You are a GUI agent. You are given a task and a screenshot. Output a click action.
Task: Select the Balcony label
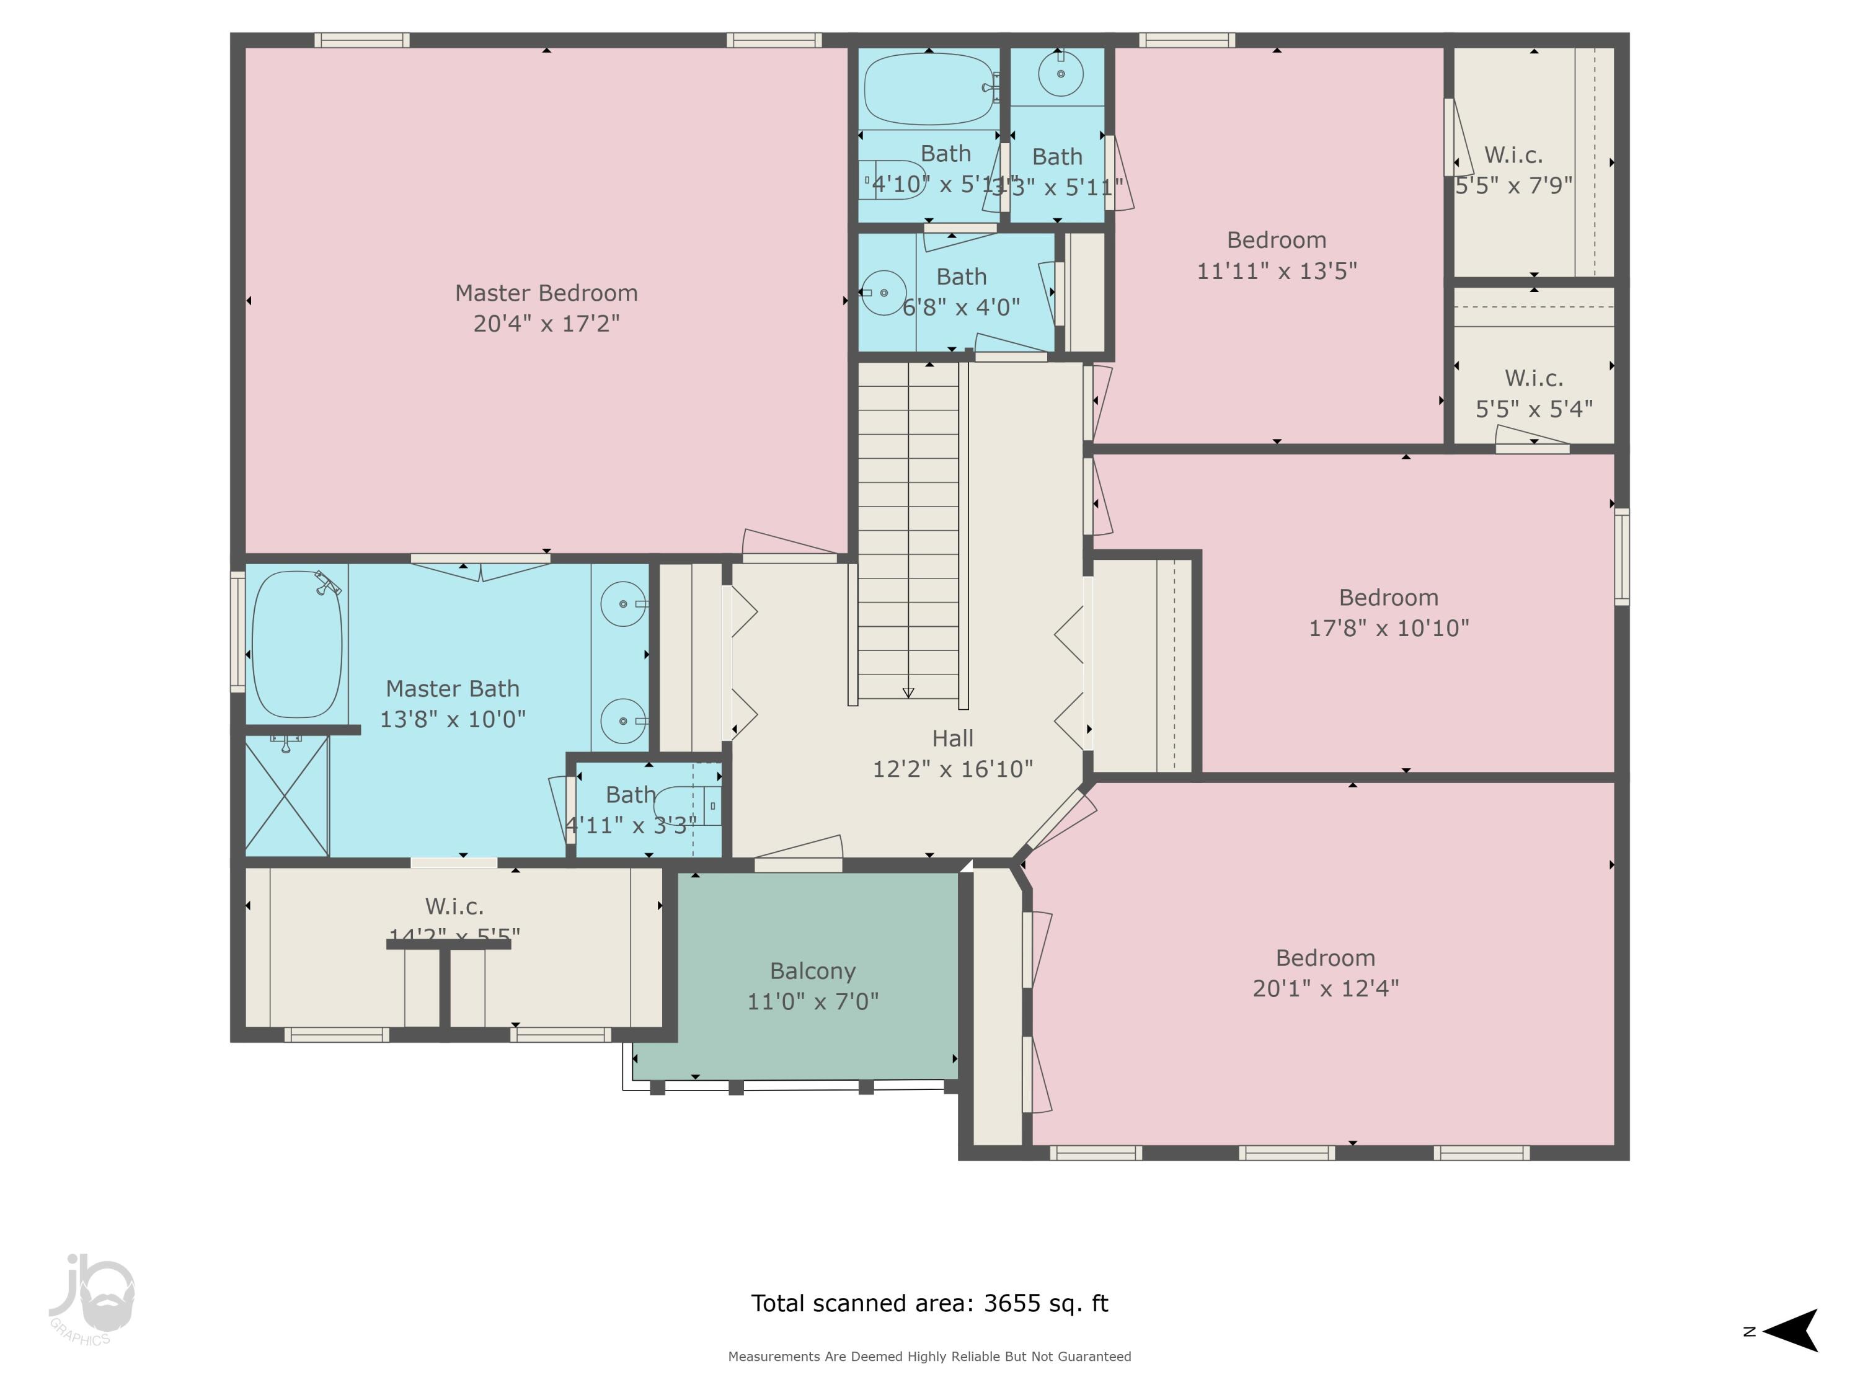812,970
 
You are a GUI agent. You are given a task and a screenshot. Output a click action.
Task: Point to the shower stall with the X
286,796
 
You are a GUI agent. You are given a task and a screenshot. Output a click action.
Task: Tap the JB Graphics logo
91,1299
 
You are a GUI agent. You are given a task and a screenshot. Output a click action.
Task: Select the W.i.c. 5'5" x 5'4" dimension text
1534,409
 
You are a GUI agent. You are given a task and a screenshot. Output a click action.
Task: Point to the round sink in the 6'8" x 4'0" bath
883,293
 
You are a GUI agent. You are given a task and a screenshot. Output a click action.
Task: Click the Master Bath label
453,689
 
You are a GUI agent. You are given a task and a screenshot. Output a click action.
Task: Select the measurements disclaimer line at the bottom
929,1357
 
